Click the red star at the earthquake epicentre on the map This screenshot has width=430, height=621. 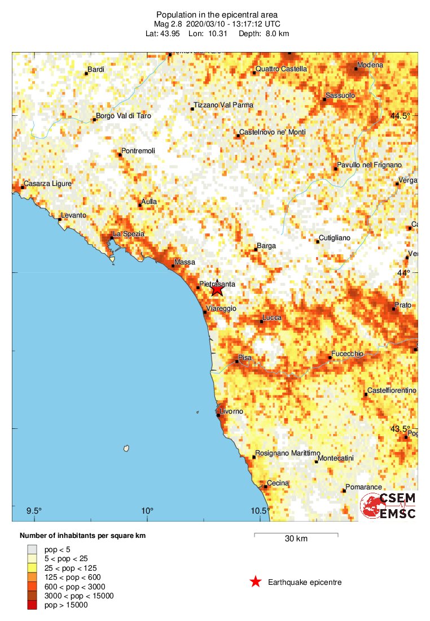click(x=217, y=290)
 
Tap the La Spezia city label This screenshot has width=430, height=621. click(x=129, y=234)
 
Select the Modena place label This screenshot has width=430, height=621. click(x=371, y=65)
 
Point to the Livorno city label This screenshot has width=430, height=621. click(x=231, y=411)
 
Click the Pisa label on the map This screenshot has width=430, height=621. click(x=245, y=358)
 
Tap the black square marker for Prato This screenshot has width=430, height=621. click(x=394, y=309)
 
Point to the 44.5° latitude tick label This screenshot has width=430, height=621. click(x=401, y=116)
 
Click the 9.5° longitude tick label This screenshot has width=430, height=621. click(x=34, y=511)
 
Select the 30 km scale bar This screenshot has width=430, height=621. click(x=296, y=534)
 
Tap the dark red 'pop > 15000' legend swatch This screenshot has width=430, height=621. click(x=32, y=605)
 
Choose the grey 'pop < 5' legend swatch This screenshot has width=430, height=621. click(x=32, y=549)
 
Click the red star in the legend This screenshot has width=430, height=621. click(x=256, y=582)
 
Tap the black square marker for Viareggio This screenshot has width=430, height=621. click(x=205, y=311)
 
